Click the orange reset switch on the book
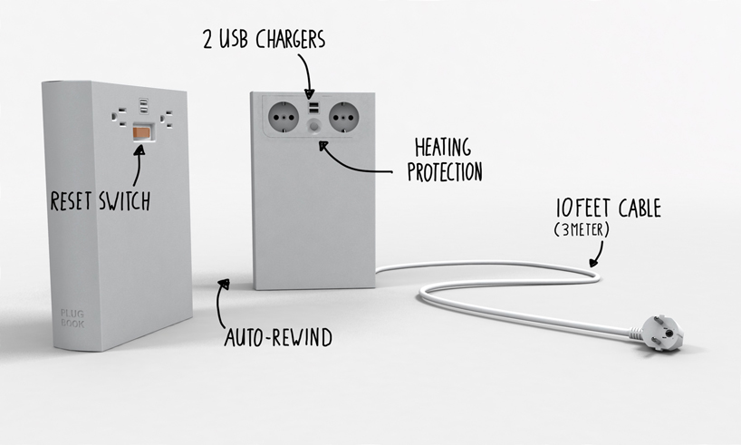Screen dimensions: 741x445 click(x=143, y=132)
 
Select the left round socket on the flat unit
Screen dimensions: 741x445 click(x=284, y=117)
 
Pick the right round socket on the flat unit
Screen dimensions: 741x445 click(x=343, y=117)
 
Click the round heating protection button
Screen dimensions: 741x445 click(x=313, y=127)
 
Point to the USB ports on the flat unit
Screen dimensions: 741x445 click(x=313, y=107)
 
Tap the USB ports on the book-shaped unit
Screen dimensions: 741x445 click(x=144, y=105)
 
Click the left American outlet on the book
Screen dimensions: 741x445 click(x=119, y=117)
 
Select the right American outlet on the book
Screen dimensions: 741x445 click(x=167, y=119)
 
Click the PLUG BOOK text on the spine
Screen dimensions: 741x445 click(x=72, y=319)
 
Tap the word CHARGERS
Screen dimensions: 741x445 click(x=291, y=39)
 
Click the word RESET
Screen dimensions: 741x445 click(x=71, y=201)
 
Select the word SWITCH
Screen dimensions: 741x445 click(x=125, y=201)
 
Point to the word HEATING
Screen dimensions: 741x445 click(x=443, y=148)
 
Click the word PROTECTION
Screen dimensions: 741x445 click(x=445, y=172)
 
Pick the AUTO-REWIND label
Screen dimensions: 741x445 click(x=278, y=338)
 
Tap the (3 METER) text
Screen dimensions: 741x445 click(x=582, y=230)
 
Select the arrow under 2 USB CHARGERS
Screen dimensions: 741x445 click(x=306, y=74)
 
